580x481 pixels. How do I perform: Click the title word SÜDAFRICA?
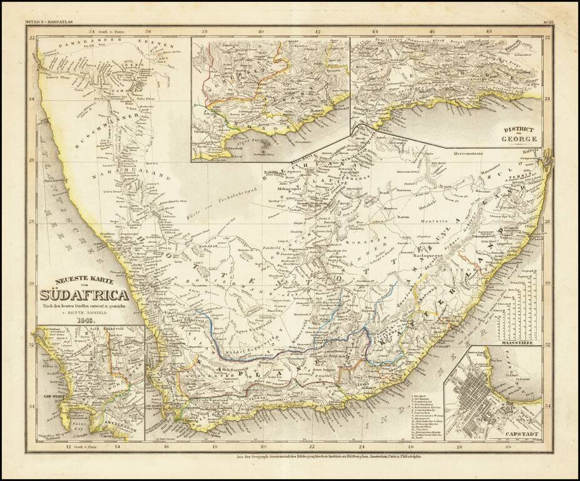click(84, 294)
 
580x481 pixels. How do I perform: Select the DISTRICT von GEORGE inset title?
click(519, 133)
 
